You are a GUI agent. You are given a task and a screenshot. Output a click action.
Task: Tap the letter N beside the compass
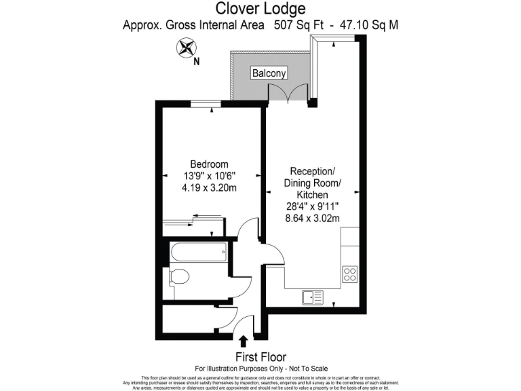click(196, 62)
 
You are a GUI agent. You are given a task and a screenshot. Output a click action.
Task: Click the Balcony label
click(269, 73)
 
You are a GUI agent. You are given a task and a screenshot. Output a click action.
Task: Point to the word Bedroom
click(209, 164)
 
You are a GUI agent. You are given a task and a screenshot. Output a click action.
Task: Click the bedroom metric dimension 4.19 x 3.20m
click(209, 188)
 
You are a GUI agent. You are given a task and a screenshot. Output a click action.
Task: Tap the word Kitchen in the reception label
click(311, 194)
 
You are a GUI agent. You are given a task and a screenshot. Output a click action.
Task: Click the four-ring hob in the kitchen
click(349, 274)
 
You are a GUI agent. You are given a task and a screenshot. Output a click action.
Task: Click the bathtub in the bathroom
click(199, 254)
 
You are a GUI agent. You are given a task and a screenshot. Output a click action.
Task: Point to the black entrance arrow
click(244, 340)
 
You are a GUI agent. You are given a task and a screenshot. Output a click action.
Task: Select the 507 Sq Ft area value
click(298, 26)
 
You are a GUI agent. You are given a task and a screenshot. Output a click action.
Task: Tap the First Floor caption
click(260, 357)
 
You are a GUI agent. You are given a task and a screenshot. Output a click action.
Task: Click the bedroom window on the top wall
click(204, 104)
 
